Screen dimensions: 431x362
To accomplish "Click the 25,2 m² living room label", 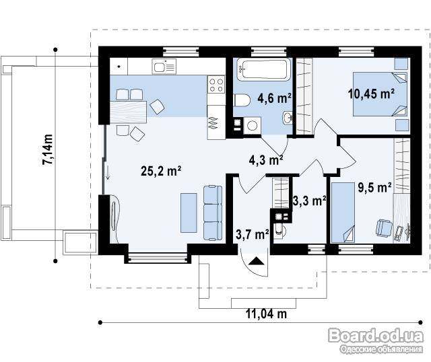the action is point(161,171).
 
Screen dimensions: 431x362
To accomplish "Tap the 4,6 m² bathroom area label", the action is point(274,98).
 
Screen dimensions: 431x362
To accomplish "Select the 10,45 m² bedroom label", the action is point(371,94).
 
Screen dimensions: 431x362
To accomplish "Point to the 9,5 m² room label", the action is point(374,188).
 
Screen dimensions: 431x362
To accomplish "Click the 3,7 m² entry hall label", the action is point(253,235).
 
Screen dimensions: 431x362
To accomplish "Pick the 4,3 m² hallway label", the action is point(266,160).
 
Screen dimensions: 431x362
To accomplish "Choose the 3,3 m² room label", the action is point(309,201).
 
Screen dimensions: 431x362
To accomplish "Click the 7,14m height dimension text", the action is point(47,149).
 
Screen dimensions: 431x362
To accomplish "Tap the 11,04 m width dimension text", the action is point(266,314).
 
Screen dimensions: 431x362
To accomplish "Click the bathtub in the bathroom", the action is point(263,69).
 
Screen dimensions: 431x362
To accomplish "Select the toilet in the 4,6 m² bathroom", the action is point(242,100).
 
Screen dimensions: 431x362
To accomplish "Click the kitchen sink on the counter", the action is point(164,67).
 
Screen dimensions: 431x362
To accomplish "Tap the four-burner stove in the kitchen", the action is point(216,84).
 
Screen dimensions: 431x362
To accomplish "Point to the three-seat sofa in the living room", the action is point(213,213).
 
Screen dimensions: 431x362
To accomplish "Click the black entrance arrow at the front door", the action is point(256,260).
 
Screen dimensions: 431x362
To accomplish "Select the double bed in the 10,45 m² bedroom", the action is point(380,94).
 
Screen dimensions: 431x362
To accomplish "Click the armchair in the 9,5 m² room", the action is point(384,227).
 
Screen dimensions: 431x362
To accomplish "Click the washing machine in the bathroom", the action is point(252,126).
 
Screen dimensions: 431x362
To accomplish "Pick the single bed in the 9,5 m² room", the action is point(343,213).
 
